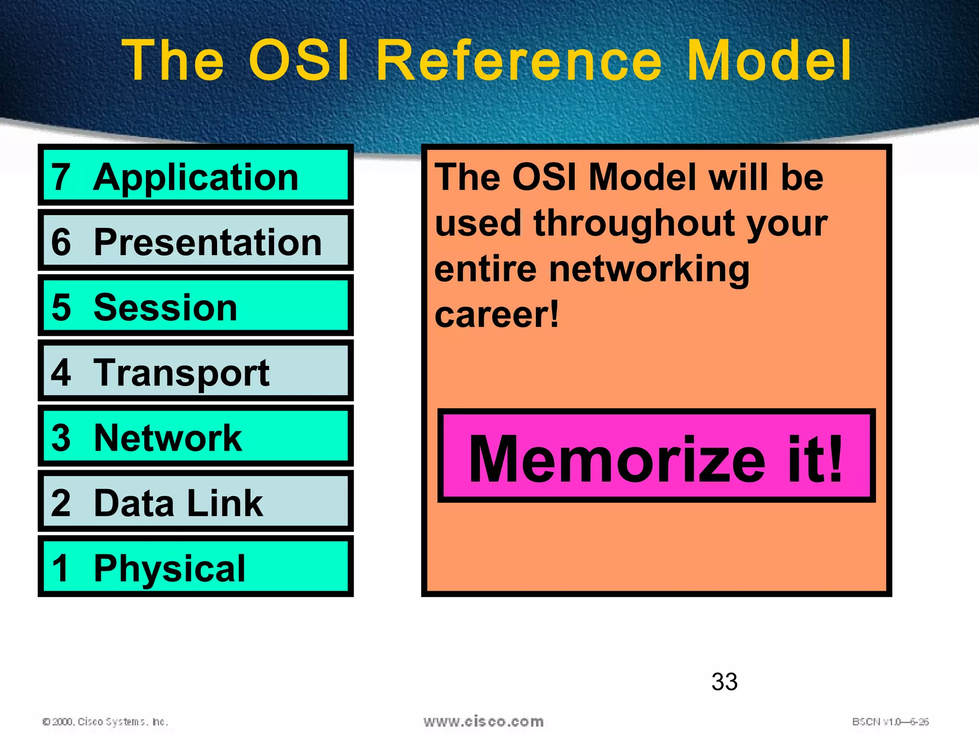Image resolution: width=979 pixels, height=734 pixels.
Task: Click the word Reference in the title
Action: coord(519,61)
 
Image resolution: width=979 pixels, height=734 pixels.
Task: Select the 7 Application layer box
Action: coord(196,175)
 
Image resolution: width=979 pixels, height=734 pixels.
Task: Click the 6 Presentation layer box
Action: coord(196,240)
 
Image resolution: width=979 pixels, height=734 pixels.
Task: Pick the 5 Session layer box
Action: coord(196,306)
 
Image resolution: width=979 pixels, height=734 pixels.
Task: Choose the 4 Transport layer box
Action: coord(196,371)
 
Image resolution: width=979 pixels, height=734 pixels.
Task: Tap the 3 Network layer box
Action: coord(196,436)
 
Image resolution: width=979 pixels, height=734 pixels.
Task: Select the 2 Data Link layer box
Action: coord(196,502)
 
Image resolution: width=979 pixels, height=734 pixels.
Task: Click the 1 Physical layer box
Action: coord(196,567)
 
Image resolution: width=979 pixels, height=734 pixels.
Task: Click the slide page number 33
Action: coord(724,682)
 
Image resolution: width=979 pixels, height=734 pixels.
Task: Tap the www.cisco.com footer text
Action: coord(483,722)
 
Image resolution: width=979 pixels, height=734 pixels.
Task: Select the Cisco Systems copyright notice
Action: coord(106,722)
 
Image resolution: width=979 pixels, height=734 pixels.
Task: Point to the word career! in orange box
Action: coord(497,315)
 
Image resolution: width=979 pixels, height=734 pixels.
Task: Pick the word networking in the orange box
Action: coord(649,270)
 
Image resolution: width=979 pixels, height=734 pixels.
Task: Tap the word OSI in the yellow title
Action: coord(299,61)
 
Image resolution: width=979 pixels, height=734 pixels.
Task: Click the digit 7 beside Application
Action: coord(61,177)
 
